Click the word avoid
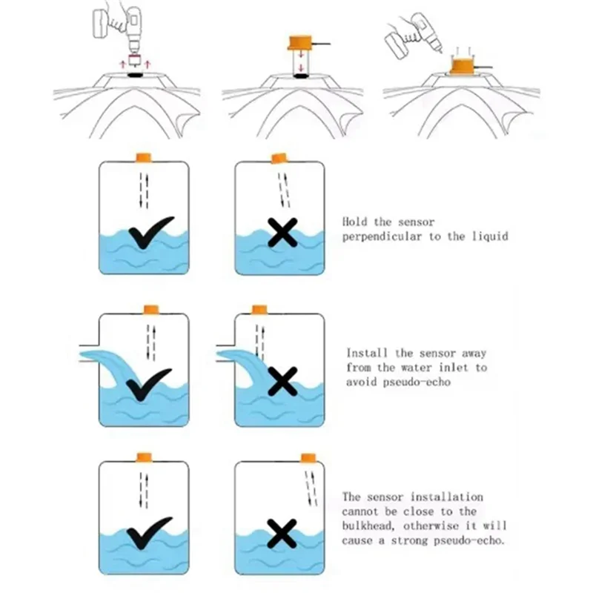(x=362, y=382)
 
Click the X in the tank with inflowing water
(x=281, y=382)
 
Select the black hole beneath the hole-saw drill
(x=135, y=74)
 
